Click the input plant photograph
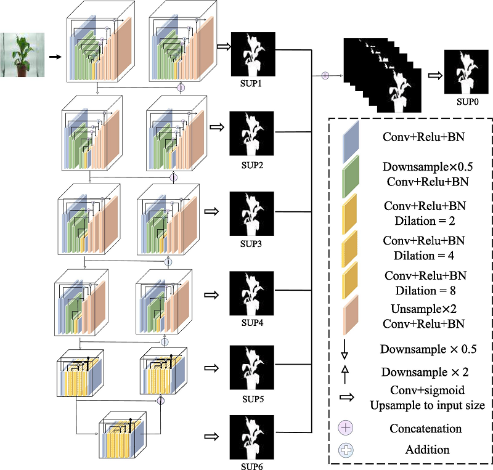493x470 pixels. click(x=21, y=55)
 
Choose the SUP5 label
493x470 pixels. click(x=253, y=399)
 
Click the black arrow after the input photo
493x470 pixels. click(x=55, y=57)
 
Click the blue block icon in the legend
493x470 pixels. click(x=350, y=139)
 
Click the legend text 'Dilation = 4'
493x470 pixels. click(x=423, y=252)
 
